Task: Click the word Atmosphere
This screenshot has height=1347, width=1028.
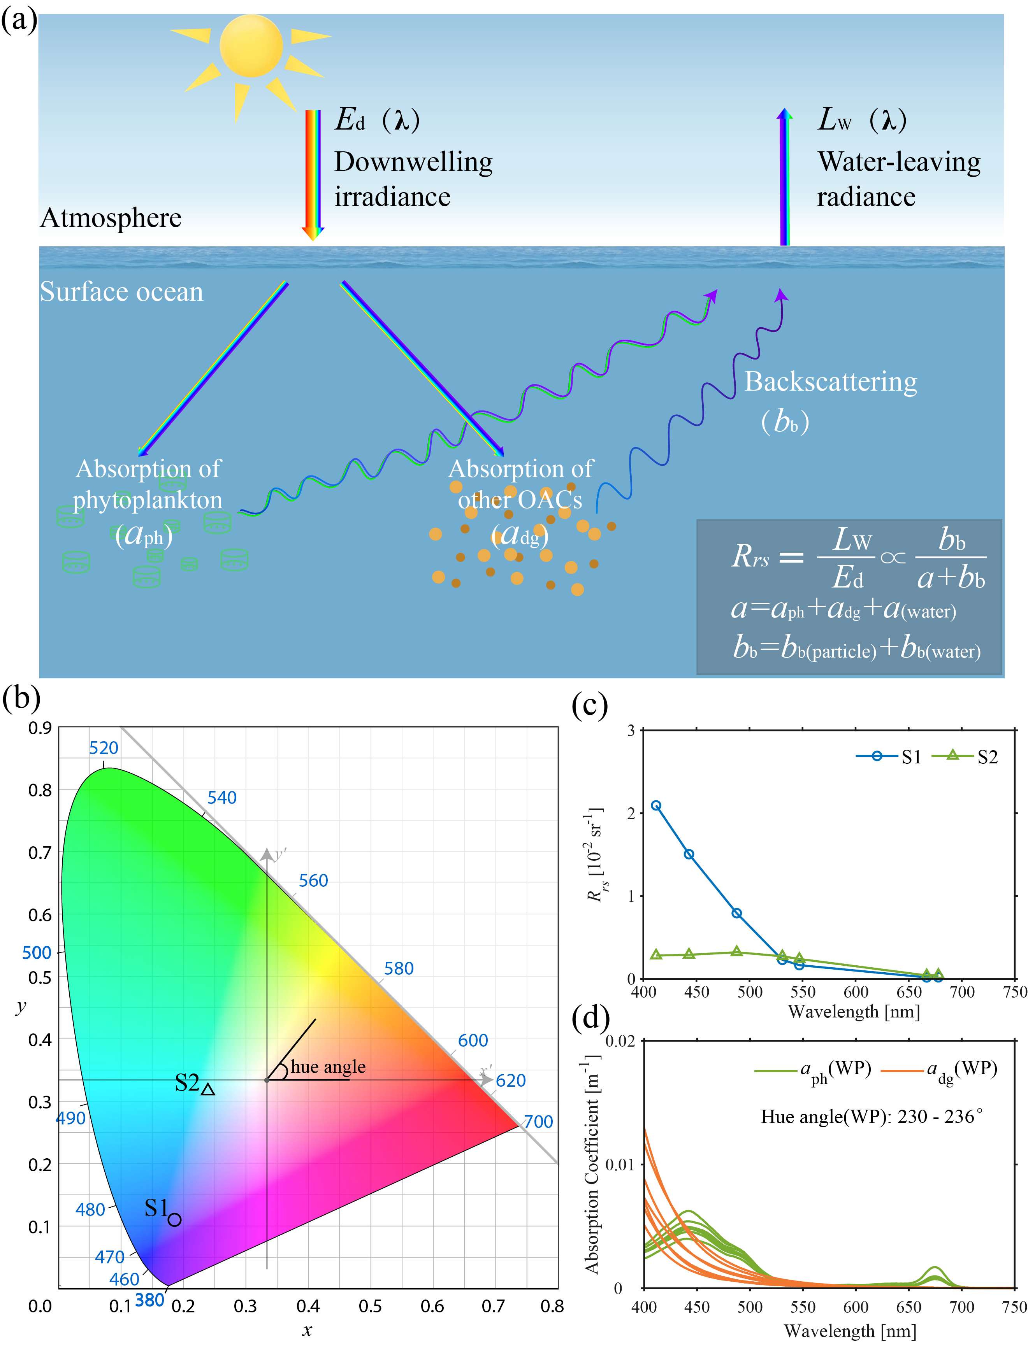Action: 111,218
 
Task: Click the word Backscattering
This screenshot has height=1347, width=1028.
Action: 830,382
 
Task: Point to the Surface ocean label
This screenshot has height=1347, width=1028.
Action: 121,292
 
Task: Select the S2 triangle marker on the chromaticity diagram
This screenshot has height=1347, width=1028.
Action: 208,1089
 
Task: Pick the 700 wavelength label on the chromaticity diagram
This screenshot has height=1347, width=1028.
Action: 538,1121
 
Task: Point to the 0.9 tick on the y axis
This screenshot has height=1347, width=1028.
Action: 40,728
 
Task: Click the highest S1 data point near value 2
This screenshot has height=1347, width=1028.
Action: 656,806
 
